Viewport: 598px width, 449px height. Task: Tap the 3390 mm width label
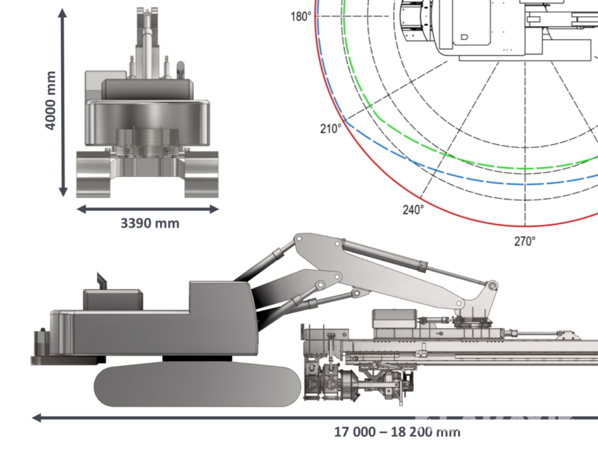coord(149,224)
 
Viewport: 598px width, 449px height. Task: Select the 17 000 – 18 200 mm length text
coord(397,432)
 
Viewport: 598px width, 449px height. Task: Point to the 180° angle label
coord(300,16)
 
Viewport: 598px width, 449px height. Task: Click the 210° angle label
coord(330,129)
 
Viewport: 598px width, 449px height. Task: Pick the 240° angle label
coord(413,210)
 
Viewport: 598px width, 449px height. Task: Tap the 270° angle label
coord(524,241)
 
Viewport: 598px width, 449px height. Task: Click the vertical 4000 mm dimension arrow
coord(63,103)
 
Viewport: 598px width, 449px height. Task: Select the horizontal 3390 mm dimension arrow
coord(148,209)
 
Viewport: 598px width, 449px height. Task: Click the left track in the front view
coord(92,174)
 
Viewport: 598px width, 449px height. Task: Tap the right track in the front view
coord(201,174)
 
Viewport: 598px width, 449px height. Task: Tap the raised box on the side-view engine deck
coord(112,299)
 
